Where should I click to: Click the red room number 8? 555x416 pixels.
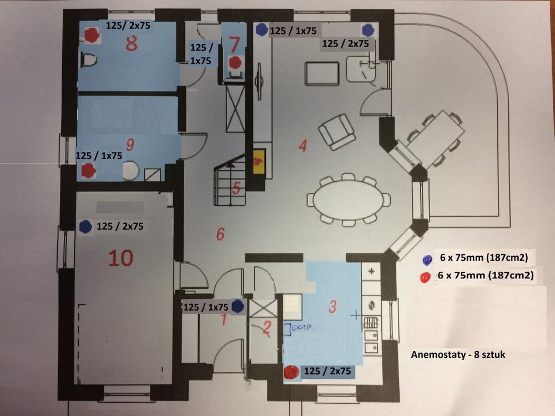point(132,44)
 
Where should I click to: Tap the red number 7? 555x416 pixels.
point(234,44)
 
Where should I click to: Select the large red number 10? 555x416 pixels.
point(120,258)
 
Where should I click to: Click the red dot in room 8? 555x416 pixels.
point(92,35)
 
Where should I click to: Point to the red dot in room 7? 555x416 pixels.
point(235,63)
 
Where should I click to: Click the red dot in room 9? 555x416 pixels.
point(88,170)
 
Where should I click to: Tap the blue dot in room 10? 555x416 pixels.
point(85,226)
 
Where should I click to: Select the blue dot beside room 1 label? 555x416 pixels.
point(238,306)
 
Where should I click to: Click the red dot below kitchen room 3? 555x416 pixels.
point(292,372)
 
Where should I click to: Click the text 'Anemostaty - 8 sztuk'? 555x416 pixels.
point(458,354)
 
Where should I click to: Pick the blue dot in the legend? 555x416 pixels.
point(427,260)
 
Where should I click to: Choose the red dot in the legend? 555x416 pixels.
point(425,277)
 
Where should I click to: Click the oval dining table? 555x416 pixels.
point(349,200)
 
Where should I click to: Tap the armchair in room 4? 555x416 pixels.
point(337,132)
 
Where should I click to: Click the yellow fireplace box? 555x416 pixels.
point(259,161)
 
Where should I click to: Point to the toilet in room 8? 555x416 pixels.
point(88,60)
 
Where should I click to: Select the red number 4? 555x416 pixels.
point(302,145)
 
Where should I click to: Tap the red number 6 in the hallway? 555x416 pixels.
point(220,234)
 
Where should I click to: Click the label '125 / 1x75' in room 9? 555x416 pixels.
point(99,155)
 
